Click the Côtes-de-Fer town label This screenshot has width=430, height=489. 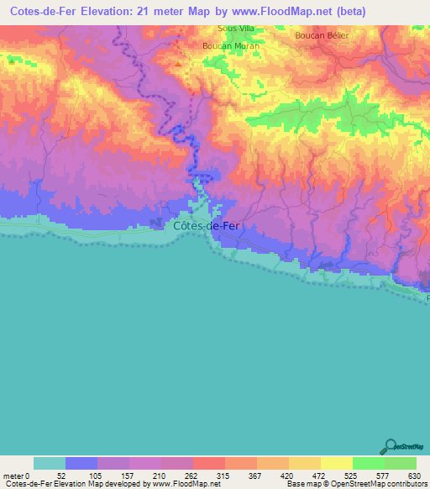point(206,225)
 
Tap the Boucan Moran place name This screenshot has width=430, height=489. point(231,45)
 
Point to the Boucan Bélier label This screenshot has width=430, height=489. point(322,36)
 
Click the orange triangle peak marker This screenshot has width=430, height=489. point(177,62)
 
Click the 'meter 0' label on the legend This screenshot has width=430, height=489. point(18,476)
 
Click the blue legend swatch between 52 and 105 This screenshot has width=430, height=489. point(81,463)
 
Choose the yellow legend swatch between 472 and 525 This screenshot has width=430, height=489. point(336,463)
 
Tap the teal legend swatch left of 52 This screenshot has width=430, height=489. point(50,463)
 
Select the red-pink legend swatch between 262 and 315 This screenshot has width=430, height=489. point(209,463)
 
